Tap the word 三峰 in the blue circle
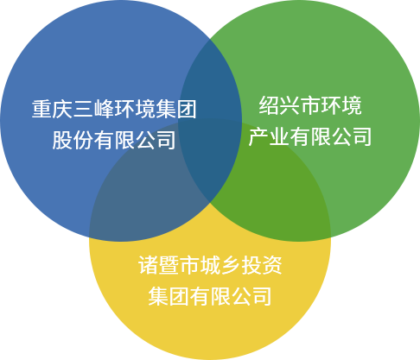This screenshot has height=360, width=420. pos(93,109)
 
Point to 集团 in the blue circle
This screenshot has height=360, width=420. pos(176,109)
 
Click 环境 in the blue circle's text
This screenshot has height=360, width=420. pos(135,109)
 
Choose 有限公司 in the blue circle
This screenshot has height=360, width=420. pos(135,140)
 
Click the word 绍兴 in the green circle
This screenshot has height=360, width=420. pos(279,105)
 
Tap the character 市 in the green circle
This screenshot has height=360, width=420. pos(310,105)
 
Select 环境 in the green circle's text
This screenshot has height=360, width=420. pos(341,105)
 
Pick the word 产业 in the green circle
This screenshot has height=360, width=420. pos(269,136)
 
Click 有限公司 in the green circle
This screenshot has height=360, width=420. pos(331,136)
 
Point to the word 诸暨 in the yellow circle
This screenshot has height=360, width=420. pos(158,265)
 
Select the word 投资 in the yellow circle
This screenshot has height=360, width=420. pos(262,265)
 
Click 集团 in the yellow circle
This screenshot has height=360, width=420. pos(169,296)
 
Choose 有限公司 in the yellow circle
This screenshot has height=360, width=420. pos(231,296)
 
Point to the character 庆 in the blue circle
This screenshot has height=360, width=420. pos(62,109)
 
